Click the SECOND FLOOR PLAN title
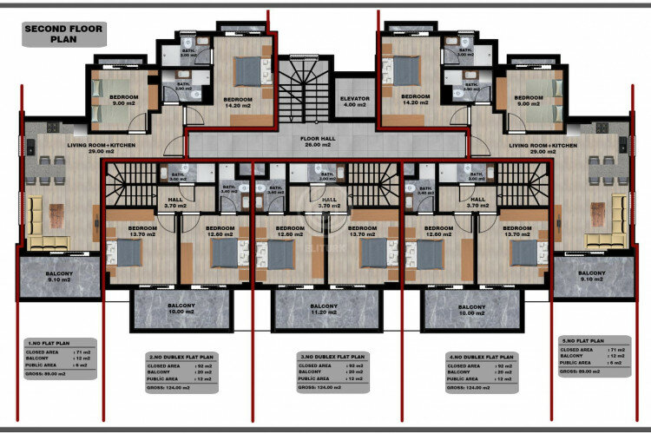click(x=63, y=34)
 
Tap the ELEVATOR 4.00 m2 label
click(x=354, y=102)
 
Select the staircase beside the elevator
click(x=303, y=91)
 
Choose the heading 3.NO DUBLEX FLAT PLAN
click(x=332, y=356)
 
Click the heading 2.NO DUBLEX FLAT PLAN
click(x=182, y=357)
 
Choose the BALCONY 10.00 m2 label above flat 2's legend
click(x=181, y=310)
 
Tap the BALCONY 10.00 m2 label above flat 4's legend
click(x=471, y=310)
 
